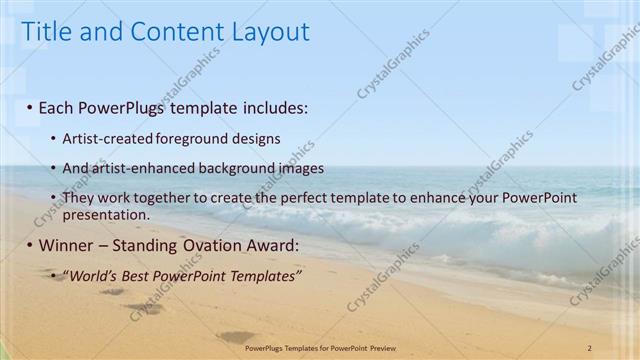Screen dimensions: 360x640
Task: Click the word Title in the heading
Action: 48,32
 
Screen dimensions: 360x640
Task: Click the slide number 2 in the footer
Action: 590,347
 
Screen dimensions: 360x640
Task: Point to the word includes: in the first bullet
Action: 265,106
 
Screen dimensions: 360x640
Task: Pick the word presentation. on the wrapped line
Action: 106,214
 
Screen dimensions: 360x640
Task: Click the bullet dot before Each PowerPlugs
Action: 30,107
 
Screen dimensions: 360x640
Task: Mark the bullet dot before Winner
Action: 30,246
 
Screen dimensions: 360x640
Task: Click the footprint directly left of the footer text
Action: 236,337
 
